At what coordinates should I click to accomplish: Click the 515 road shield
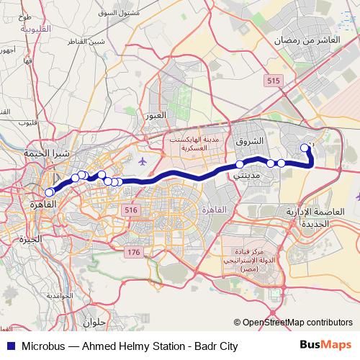coord(272,82)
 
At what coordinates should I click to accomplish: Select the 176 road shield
coord(133,252)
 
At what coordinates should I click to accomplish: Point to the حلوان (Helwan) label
coord(94,323)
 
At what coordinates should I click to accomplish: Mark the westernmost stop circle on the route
coord(49,192)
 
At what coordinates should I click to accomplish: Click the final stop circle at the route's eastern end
coord(305,148)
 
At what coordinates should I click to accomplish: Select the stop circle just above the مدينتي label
coord(240,165)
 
